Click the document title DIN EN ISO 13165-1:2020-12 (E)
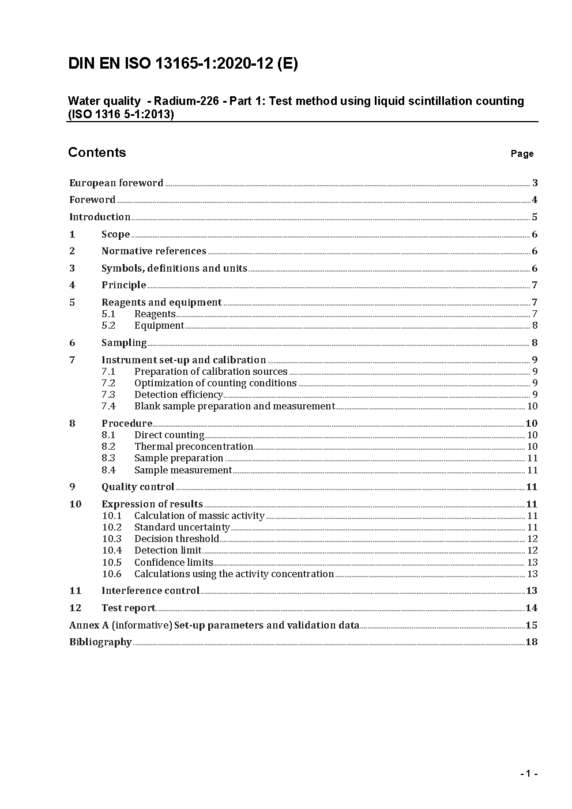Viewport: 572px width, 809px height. click(x=183, y=63)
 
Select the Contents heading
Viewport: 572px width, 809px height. click(x=97, y=152)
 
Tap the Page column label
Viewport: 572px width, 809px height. click(x=522, y=153)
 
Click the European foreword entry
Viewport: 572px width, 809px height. click(x=116, y=183)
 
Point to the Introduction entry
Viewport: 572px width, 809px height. click(x=100, y=217)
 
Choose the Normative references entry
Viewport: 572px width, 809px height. click(x=153, y=251)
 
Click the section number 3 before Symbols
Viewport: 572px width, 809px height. click(x=72, y=268)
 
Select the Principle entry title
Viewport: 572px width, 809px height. click(x=123, y=285)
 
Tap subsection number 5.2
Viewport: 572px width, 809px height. click(x=108, y=325)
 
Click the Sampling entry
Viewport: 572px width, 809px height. click(x=124, y=343)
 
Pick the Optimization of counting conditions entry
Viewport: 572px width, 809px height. click(x=215, y=383)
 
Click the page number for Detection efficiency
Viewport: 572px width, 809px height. click(x=535, y=394)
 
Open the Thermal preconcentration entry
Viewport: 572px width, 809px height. click(x=193, y=446)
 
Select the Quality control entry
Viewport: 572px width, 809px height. click(x=137, y=487)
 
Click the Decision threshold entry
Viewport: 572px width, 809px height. click(x=176, y=539)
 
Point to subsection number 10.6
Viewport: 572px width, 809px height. click(x=112, y=574)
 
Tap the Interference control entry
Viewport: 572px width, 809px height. click(x=150, y=590)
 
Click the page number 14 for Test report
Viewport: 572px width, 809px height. click(x=531, y=608)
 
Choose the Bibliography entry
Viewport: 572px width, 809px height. click(x=100, y=642)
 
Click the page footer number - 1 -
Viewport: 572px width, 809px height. click(x=529, y=774)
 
